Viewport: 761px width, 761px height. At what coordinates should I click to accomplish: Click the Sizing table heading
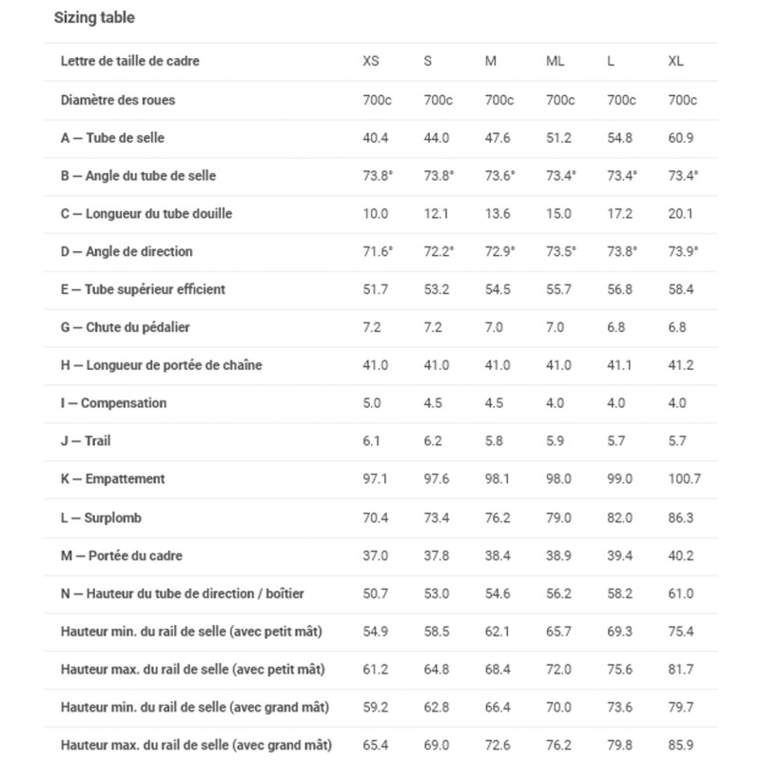click(93, 18)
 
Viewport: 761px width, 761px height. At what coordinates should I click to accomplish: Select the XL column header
click(675, 62)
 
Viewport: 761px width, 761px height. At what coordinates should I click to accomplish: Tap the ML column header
click(555, 62)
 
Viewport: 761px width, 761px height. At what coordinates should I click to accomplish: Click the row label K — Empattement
click(112, 479)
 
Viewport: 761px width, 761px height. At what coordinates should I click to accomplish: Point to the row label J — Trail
click(86, 441)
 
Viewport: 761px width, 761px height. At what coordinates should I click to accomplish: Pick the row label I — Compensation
click(112, 403)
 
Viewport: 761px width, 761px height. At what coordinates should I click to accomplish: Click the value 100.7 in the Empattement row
click(684, 479)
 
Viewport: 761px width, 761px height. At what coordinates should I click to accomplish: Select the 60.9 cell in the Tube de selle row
click(680, 138)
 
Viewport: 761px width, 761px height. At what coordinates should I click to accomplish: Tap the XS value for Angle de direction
click(378, 252)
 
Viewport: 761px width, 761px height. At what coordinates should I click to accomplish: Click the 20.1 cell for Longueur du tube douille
click(680, 214)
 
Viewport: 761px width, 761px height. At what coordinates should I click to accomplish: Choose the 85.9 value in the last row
click(680, 745)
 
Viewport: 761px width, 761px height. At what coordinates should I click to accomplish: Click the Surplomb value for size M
click(498, 517)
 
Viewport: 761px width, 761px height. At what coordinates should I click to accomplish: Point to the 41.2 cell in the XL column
click(680, 365)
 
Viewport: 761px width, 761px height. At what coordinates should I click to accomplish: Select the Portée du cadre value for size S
click(437, 556)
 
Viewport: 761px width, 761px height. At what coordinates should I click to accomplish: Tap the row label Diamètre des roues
click(117, 100)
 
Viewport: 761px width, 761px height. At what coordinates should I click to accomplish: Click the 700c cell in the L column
click(621, 100)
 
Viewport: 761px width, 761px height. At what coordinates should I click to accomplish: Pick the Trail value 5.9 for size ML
click(558, 441)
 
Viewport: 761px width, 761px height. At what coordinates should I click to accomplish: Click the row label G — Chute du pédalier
click(125, 327)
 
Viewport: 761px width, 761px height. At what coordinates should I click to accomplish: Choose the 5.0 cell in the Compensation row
click(372, 403)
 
